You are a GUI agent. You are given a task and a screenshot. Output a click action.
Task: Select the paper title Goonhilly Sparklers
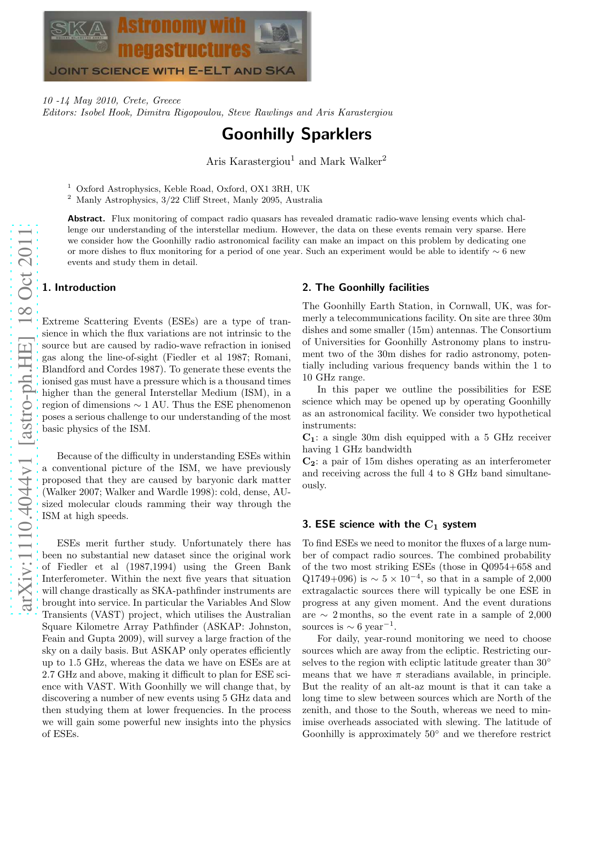pos(297,134)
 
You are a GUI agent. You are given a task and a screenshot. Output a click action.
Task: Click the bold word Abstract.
pos(86,219)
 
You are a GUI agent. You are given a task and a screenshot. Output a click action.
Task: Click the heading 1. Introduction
pos(79,288)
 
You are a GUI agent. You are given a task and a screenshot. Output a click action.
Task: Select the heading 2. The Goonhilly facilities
pos(366,288)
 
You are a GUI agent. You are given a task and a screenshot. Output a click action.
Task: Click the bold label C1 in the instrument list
pos(309,438)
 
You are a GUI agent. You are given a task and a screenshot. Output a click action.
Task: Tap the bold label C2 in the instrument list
pos(309,461)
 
